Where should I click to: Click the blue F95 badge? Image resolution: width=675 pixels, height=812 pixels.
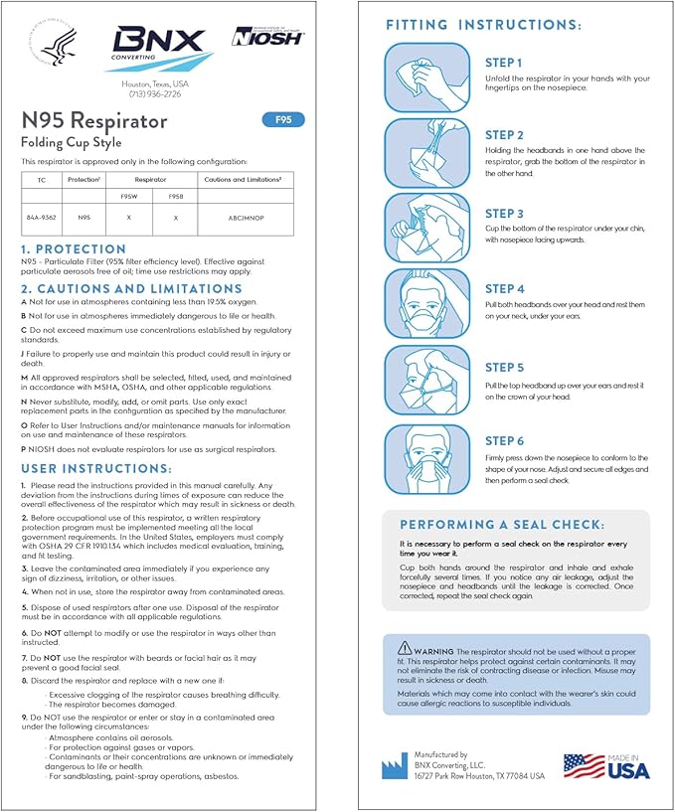(283, 120)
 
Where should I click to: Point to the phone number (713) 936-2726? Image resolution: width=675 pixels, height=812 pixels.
(153, 94)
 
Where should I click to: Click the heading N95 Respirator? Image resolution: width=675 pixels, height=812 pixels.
(95, 121)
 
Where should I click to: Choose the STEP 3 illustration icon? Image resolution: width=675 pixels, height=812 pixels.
(425, 229)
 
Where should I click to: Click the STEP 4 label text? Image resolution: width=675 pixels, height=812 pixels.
(504, 289)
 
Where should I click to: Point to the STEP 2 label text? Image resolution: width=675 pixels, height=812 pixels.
(504, 135)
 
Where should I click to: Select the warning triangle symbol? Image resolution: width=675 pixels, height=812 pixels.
(404, 647)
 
